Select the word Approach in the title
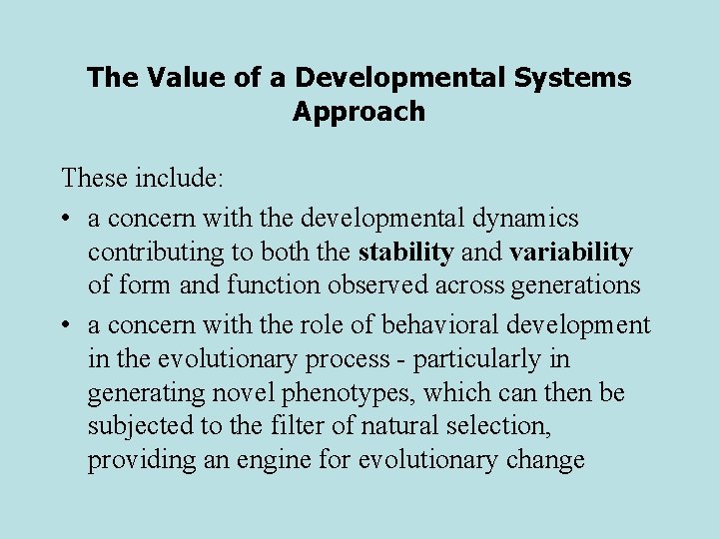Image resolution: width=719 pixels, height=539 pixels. pos(359,111)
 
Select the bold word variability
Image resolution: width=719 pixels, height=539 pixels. pos(571,253)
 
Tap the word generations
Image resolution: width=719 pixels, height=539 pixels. pos(574,285)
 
